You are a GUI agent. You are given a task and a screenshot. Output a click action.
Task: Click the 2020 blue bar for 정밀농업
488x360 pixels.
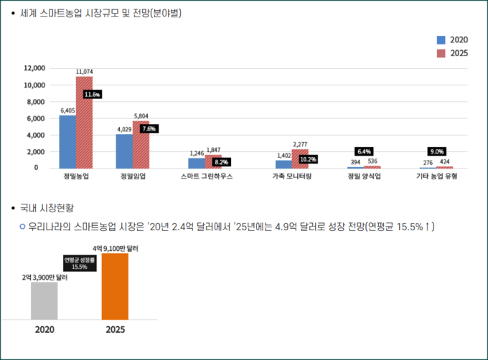67,141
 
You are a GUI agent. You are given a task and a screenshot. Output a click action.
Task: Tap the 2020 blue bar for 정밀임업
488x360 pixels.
124,151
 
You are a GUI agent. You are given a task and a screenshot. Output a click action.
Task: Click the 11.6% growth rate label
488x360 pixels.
93,95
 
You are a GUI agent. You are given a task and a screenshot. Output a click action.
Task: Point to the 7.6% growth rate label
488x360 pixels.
149,128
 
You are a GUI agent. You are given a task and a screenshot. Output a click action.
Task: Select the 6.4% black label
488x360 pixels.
363,151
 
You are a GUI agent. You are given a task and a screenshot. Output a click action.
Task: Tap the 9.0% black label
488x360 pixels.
436,151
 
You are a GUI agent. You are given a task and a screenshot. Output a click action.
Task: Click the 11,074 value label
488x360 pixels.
84,72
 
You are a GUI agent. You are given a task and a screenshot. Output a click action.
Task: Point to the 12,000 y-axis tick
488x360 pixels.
34,68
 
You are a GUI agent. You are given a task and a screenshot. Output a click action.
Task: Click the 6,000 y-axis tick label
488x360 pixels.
37,118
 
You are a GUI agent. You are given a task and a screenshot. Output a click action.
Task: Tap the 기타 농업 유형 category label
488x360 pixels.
436,176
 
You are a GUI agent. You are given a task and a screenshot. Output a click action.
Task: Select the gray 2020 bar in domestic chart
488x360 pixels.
44,300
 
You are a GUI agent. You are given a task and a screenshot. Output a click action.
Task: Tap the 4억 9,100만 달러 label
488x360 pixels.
115,247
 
